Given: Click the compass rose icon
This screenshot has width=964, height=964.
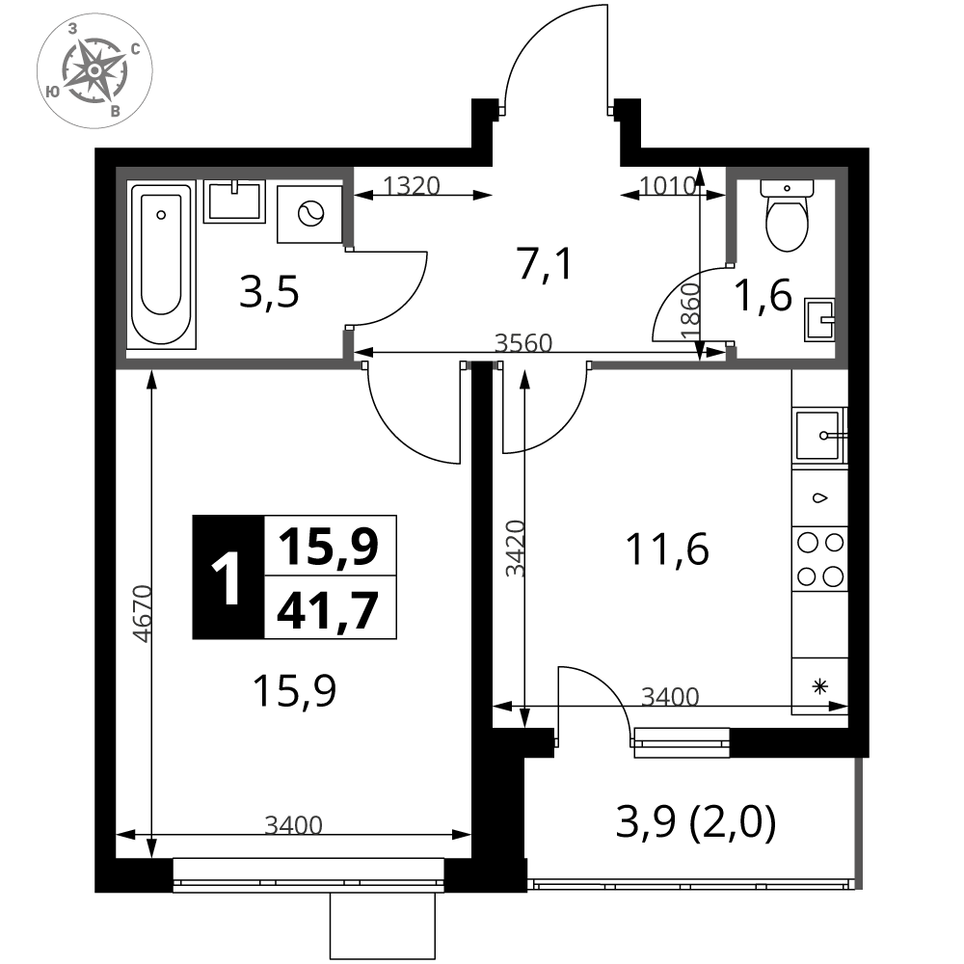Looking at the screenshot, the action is (x=94, y=70).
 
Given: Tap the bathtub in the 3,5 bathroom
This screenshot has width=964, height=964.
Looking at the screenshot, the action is (x=162, y=264).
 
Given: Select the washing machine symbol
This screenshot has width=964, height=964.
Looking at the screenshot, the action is (x=309, y=214).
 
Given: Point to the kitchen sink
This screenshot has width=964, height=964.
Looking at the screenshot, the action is (x=820, y=436).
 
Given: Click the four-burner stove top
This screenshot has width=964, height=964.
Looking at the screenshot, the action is (x=820, y=559).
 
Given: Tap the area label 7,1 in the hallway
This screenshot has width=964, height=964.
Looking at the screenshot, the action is (x=545, y=263).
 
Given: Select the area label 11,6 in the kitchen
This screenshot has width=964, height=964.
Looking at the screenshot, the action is (x=667, y=549).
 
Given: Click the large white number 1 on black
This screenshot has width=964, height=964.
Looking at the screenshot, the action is (x=226, y=577).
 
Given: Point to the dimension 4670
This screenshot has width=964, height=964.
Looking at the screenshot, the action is (x=142, y=613).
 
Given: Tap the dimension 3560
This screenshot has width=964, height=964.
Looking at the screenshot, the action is (x=523, y=342).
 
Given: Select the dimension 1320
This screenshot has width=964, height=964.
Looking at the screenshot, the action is (x=412, y=185).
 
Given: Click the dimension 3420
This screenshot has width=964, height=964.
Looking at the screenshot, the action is (x=515, y=549).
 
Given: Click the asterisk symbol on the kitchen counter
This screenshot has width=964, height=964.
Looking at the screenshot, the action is (x=820, y=686).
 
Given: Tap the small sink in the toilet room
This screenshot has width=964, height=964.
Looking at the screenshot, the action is (x=819, y=320).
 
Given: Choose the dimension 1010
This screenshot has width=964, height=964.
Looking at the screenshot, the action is (x=668, y=185).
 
